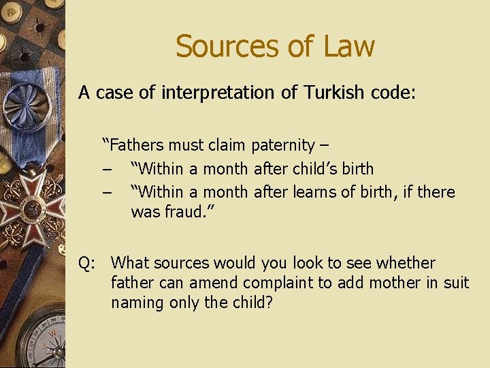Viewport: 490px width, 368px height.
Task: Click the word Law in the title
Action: point(348,46)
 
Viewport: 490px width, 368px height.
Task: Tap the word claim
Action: point(225,145)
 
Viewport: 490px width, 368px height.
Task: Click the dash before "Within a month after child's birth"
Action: point(108,168)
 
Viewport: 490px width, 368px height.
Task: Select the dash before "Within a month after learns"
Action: point(108,191)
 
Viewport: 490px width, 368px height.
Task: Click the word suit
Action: point(455,282)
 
